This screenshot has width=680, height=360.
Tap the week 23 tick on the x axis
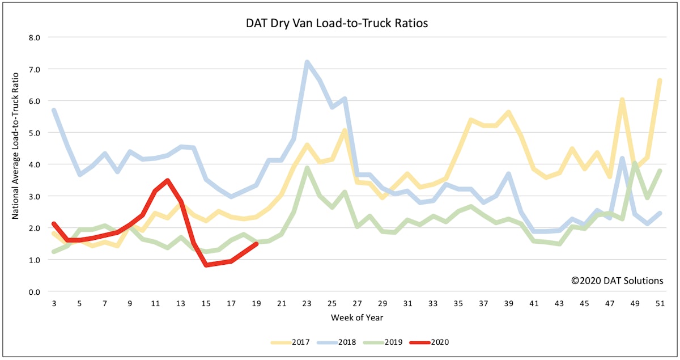click(x=307, y=304)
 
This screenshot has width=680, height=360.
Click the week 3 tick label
click(x=54, y=304)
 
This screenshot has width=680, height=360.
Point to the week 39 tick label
click(x=509, y=304)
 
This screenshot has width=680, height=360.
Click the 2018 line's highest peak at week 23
click(x=307, y=62)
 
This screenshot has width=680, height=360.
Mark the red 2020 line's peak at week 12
click(x=168, y=180)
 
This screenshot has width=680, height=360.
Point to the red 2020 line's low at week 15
click(x=206, y=265)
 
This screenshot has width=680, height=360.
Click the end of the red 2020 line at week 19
click(x=257, y=244)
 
